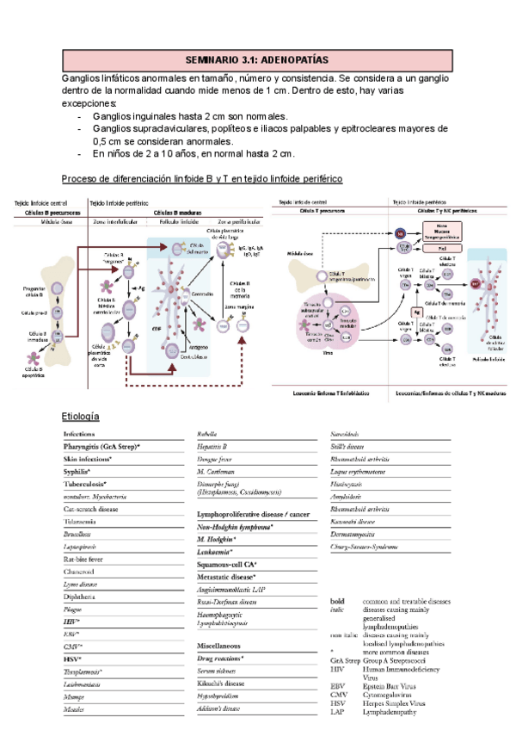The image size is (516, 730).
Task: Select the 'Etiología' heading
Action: click(x=82, y=416)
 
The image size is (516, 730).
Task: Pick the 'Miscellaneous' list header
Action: click(x=218, y=645)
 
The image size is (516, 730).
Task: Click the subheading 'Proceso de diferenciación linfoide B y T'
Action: click(x=202, y=178)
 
